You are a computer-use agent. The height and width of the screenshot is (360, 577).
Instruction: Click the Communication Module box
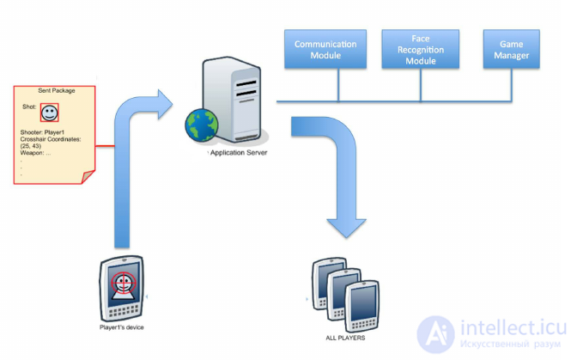tap(325, 49)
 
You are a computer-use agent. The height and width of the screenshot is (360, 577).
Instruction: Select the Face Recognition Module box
tap(420, 49)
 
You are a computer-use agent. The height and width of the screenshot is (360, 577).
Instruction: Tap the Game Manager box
tap(511, 49)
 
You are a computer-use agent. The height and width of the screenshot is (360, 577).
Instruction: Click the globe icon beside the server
tap(201, 125)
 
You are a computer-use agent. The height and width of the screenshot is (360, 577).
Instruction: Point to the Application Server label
tap(239, 152)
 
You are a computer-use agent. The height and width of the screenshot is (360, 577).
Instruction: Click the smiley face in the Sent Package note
tap(49, 113)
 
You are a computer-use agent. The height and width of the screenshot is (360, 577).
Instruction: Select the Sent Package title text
tap(57, 90)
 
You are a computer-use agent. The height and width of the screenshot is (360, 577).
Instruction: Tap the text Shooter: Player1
tap(42, 132)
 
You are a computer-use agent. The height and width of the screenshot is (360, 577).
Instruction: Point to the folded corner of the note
tap(88, 176)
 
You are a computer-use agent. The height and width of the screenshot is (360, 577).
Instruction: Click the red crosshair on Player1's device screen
tap(124, 283)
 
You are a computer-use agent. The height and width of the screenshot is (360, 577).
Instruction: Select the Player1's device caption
tap(121, 327)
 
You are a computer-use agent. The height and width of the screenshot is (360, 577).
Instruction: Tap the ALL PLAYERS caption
tap(345, 338)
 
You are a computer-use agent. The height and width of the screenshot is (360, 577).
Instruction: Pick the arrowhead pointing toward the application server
tap(165, 105)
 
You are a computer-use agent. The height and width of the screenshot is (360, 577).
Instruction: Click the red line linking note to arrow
tap(105, 146)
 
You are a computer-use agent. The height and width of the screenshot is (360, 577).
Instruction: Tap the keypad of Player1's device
tap(124, 312)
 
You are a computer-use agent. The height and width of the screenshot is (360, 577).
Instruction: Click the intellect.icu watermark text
tap(513, 327)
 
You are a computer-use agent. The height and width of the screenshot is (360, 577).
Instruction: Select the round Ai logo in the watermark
tap(436, 334)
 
